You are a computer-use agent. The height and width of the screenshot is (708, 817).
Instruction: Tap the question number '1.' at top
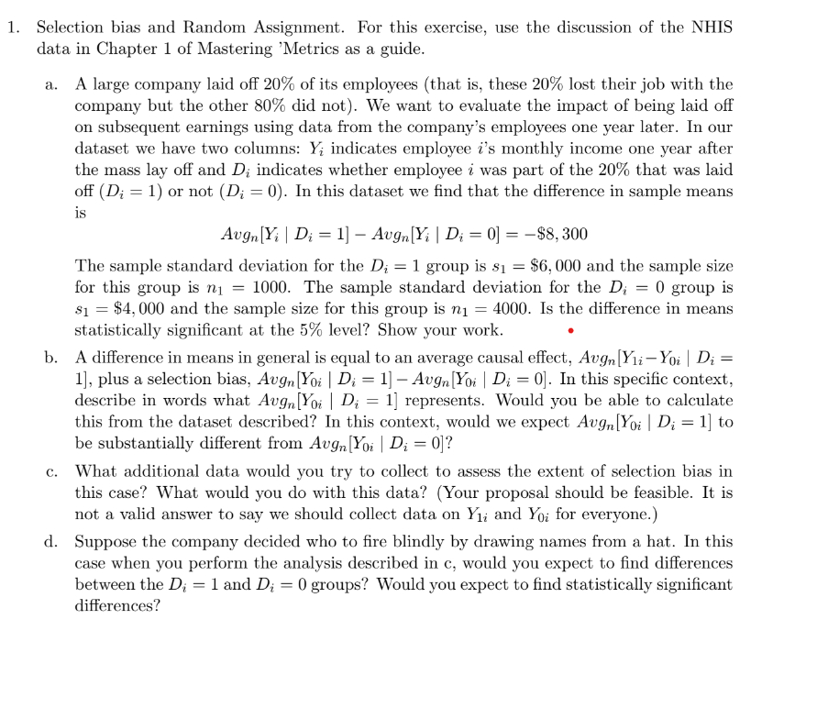pos(13,27)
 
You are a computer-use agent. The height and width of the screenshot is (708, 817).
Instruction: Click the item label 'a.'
pos(51,84)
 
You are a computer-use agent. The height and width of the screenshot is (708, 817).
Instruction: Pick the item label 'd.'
pos(51,541)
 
